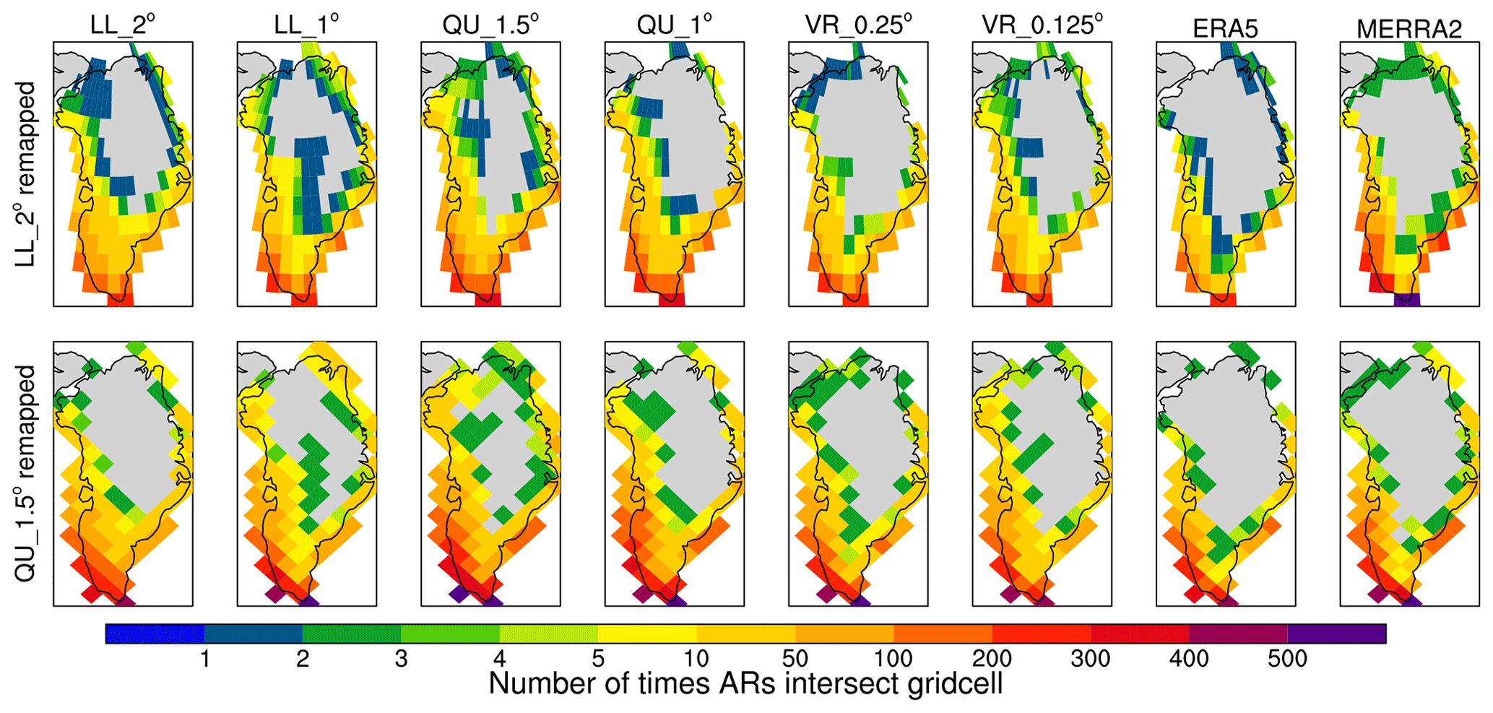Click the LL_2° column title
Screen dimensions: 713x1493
[123, 27]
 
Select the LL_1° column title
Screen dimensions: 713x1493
[306, 27]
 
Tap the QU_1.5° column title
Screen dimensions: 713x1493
[490, 27]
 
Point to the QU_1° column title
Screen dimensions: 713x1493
[674, 27]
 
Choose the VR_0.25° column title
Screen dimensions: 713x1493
[858, 27]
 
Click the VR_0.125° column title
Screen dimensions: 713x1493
[1042, 27]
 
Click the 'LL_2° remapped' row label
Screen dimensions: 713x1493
[27, 173]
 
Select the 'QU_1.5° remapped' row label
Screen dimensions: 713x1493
[27, 473]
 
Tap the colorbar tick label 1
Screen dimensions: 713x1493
[205, 659]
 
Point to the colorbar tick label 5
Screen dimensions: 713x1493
[598, 659]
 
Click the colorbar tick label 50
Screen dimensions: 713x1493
[795, 659]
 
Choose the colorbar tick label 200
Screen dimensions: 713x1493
[992, 659]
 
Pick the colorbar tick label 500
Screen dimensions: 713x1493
[1287, 659]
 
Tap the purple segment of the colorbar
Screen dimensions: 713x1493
[1336, 634]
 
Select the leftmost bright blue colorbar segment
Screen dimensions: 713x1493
[155, 634]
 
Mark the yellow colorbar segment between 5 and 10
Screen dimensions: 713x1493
[647, 634]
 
